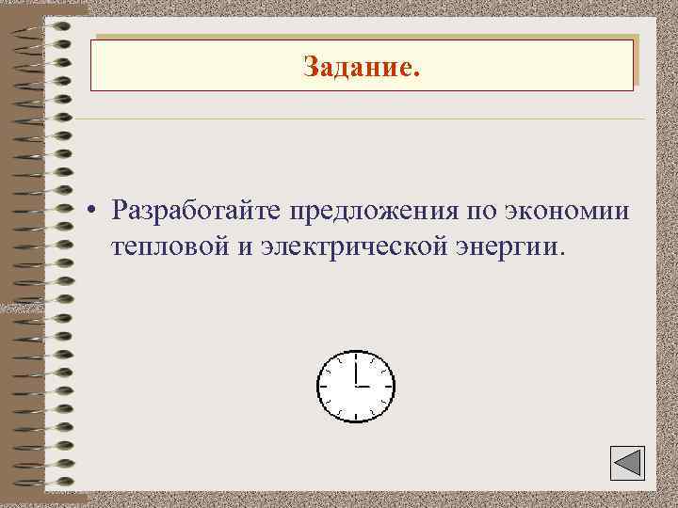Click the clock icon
pos(356,386)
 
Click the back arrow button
pos(621,464)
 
